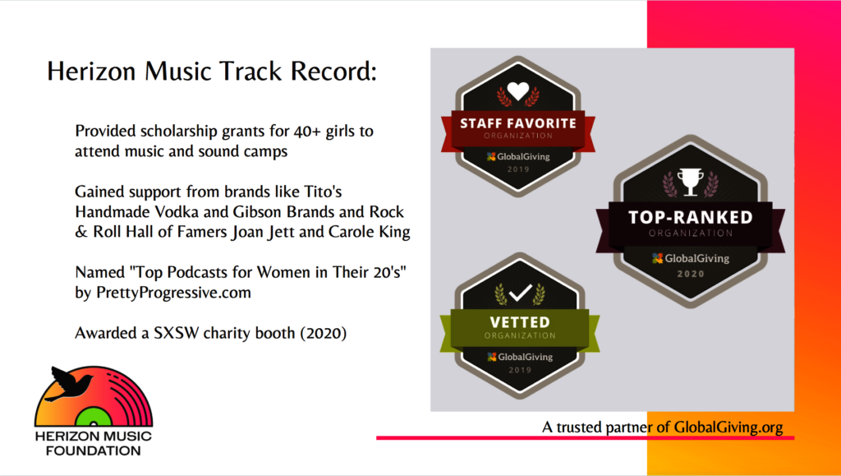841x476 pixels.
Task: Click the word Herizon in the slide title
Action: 91,72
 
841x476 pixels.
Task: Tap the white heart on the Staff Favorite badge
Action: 518,90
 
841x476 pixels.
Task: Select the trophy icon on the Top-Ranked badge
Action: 690,182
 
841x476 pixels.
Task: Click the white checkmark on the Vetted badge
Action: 520,293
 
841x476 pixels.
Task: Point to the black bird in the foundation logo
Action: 68,383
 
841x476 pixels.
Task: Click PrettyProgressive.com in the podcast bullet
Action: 174,293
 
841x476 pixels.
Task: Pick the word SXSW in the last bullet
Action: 171,333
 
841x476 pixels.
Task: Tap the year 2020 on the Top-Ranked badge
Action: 690,274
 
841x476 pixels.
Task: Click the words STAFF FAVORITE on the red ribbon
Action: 518,123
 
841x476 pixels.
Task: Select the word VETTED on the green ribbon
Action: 520,322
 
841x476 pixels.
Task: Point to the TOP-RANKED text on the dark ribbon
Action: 690,217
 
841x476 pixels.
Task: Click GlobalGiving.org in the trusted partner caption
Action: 728,427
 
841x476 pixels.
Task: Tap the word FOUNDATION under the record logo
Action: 94,451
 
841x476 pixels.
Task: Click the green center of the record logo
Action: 94,417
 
